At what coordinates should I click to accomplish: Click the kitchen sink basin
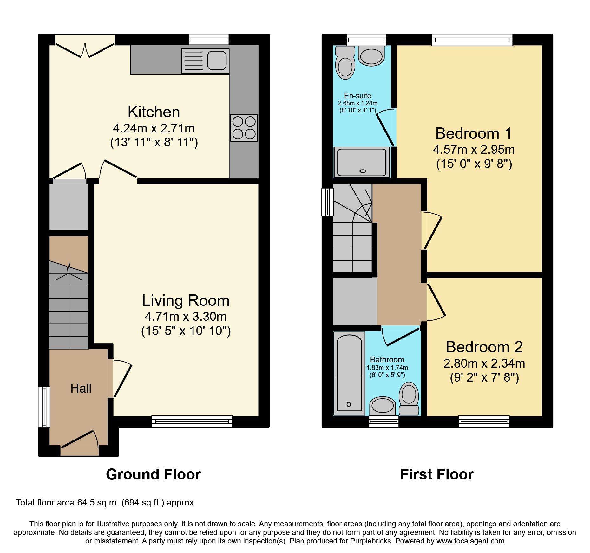coord(217,61)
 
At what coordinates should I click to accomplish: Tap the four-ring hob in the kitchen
coord(244,128)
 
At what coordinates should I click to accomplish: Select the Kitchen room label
coord(154,112)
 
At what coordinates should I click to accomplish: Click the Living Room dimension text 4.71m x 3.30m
coord(186,316)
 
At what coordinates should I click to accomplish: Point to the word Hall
coord(81,389)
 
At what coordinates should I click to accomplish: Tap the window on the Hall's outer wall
coord(44,407)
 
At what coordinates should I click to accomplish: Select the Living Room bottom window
coord(192,421)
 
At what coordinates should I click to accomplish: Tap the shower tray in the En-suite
coord(362,162)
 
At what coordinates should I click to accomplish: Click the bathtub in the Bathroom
coord(349,373)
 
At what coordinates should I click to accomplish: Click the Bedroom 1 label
coord(474,133)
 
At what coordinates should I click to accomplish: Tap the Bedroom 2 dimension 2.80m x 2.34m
coord(484,363)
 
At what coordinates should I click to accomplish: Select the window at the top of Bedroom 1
coord(472,40)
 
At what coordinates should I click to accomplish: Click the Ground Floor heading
coord(153,474)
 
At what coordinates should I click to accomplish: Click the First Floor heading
coord(436,474)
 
